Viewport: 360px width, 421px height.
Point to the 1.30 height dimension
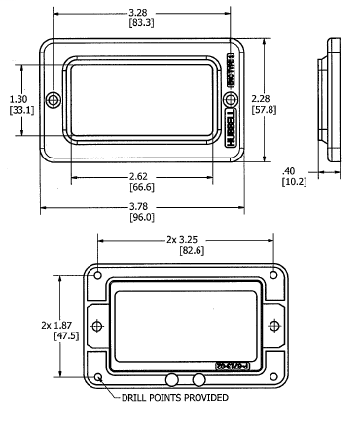coord(18,99)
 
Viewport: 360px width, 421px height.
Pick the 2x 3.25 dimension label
coord(188,239)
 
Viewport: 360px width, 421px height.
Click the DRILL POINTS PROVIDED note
coord(175,398)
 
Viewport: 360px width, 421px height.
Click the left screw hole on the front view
coord(54,101)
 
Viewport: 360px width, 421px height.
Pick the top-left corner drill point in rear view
coord(98,274)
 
